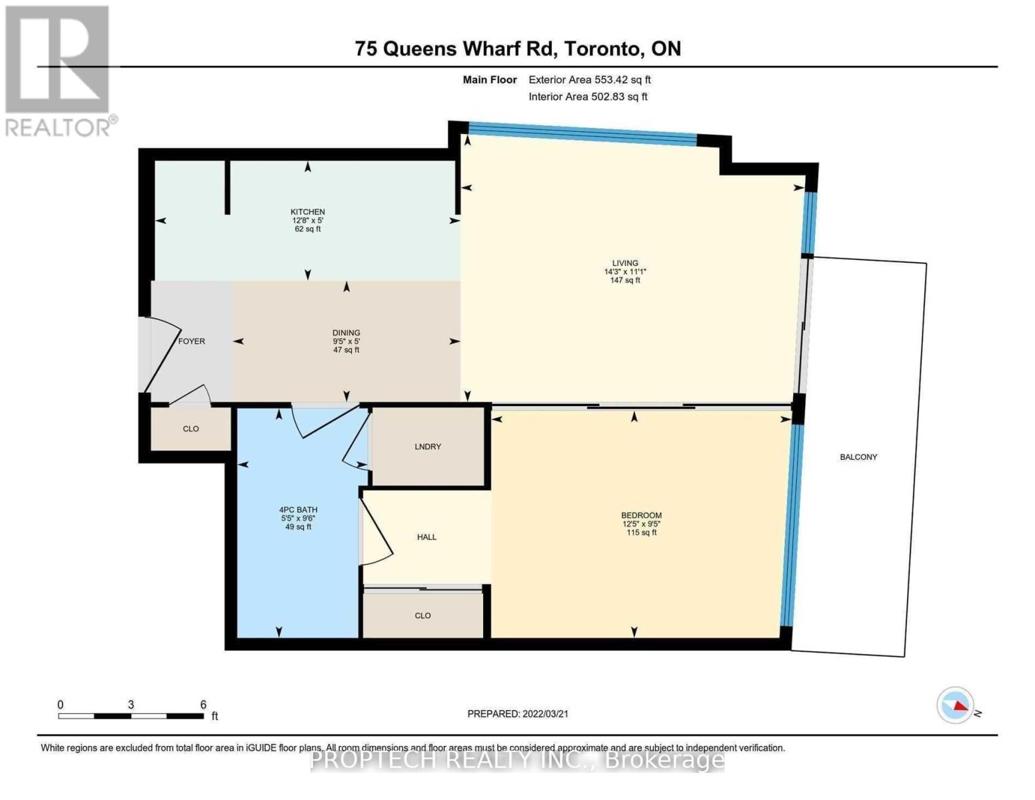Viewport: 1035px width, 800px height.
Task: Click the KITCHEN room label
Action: tap(307, 212)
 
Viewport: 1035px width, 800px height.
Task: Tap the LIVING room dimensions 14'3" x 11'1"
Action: tap(625, 272)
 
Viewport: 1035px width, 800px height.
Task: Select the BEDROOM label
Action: tap(641, 515)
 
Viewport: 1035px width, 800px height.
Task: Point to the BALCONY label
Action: tap(858, 457)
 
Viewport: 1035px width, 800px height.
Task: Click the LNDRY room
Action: tap(428, 447)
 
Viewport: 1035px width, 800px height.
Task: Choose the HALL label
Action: tap(427, 537)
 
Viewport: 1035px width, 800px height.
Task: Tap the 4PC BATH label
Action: tap(298, 510)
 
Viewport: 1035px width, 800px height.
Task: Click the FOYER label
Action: tap(191, 341)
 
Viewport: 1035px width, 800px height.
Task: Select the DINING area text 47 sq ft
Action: tap(347, 350)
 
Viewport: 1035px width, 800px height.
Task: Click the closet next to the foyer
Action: tap(191, 429)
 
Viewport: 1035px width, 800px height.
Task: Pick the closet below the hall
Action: tap(423, 616)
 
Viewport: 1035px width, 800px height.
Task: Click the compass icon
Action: tap(956, 705)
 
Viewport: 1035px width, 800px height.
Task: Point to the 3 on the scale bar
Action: tap(131, 705)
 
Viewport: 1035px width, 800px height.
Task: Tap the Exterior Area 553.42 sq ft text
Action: tap(590, 80)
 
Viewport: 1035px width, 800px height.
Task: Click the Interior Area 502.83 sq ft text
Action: tap(588, 97)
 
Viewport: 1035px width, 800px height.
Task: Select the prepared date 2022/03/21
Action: tap(545, 714)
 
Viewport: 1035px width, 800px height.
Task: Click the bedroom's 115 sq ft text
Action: tap(641, 533)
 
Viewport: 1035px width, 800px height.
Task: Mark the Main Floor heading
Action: tap(490, 80)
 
